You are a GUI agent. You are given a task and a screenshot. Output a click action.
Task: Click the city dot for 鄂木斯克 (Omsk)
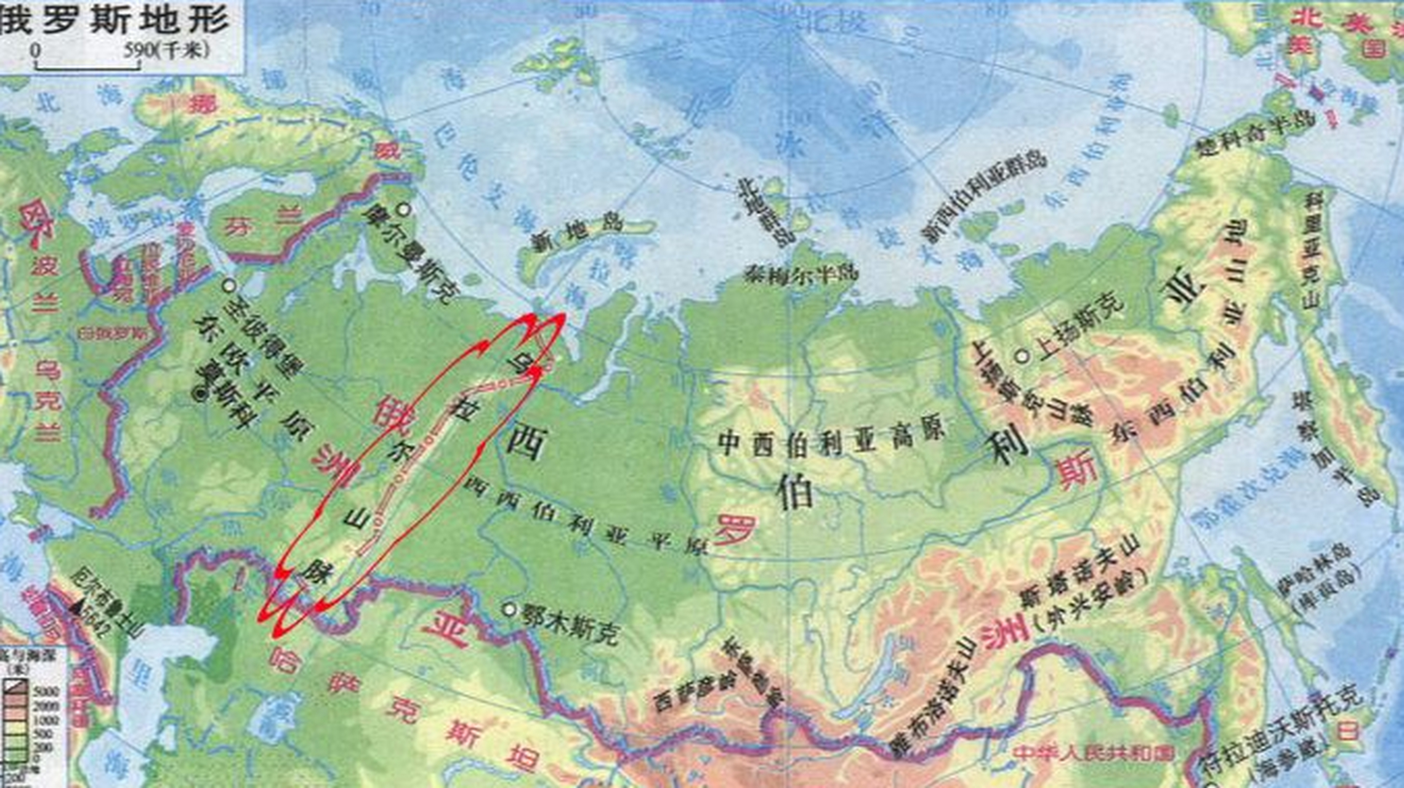(x=509, y=609)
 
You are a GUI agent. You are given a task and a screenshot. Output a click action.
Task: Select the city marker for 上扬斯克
(x=1022, y=355)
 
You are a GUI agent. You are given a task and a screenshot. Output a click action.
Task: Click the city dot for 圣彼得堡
(x=230, y=286)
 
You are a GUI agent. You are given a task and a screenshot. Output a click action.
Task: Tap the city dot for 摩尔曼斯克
(x=404, y=209)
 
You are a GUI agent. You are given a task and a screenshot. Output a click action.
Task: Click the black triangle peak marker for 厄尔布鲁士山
(x=77, y=608)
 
